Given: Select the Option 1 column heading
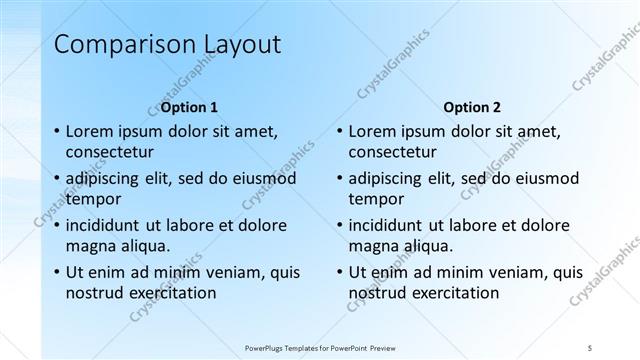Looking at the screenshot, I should [189, 107].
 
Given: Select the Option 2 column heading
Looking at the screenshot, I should [473, 107].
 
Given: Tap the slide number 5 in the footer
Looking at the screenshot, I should [591, 346].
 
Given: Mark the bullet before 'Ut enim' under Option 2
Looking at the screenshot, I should [339, 271].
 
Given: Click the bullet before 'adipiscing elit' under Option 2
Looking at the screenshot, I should [339, 178].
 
